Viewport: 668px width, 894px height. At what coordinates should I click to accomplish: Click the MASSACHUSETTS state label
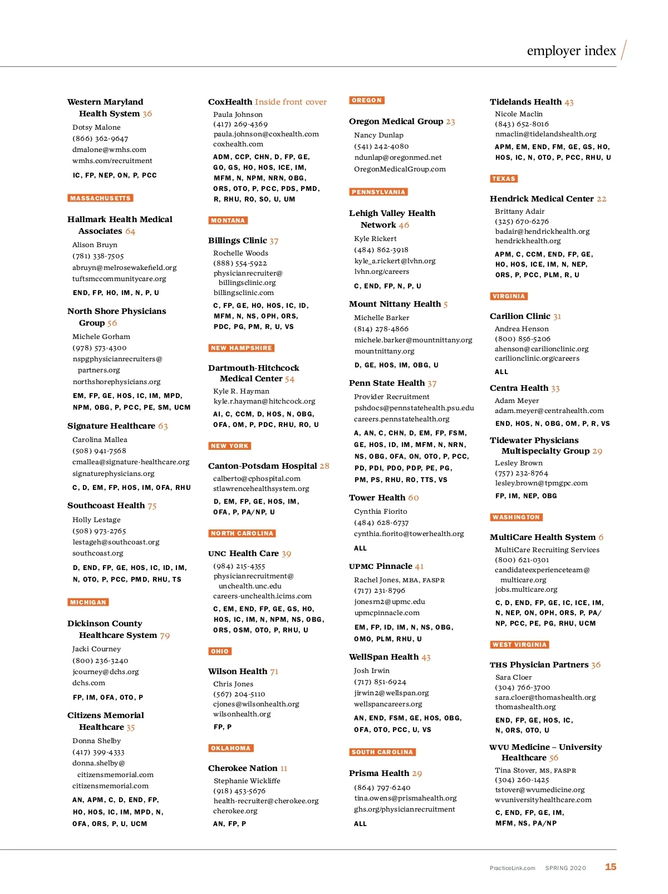[x=100, y=198]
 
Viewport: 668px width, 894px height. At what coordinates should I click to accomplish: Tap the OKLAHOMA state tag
[x=231, y=748]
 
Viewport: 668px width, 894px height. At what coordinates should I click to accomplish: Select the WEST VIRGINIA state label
[x=519, y=645]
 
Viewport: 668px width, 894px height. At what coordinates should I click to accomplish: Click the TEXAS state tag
[x=504, y=179]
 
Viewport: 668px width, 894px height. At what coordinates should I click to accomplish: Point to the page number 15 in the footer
[x=610, y=867]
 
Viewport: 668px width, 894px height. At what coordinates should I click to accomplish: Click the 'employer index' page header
[x=571, y=51]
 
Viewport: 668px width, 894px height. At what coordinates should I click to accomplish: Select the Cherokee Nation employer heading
[x=243, y=768]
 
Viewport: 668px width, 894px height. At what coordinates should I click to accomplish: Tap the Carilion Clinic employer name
[x=520, y=316]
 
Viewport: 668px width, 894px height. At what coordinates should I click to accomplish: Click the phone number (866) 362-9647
[x=100, y=139]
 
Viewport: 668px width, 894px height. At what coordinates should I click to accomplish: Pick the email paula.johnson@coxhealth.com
[x=266, y=134]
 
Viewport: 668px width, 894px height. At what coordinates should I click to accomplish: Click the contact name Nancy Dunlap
[x=379, y=135]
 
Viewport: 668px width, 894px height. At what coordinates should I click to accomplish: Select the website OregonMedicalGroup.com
[x=400, y=169]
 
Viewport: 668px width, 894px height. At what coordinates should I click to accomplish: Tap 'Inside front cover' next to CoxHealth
[x=291, y=102]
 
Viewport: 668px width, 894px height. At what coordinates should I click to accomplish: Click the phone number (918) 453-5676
[x=239, y=791]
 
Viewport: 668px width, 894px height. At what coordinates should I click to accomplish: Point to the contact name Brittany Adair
[x=519, y=212]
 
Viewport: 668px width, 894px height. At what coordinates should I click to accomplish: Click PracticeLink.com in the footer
[x=512, y=868]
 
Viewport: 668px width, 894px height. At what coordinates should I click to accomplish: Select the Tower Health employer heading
[x=377, y=498]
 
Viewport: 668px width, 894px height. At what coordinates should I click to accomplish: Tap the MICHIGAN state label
[x=88, y=602]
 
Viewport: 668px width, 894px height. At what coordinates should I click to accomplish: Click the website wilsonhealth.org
[x=242, y=714]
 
